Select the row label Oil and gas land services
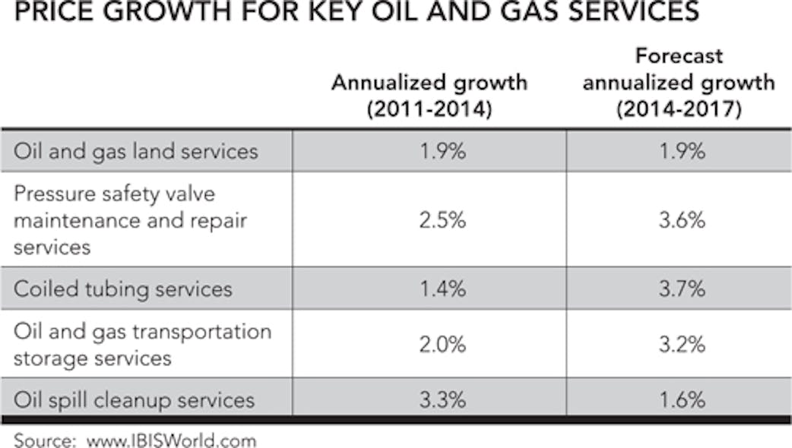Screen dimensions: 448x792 tap(136, 151)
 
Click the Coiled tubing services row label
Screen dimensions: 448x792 tap(123, 289)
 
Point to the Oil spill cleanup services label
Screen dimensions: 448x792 tap(134, 399)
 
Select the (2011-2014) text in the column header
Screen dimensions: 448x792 tap(429, 109)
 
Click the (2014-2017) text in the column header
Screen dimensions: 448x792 tap(678, 109)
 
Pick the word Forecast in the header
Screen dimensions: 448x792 tap(678, 55)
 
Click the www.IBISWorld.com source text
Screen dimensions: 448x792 tap(171, 440)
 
